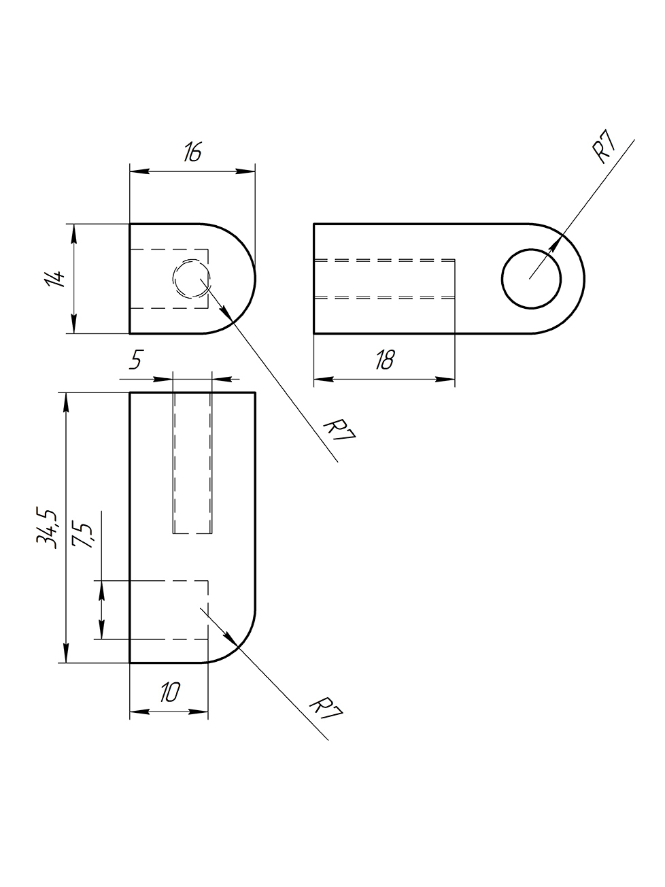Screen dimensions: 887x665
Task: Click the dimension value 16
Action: (x=192, y=152)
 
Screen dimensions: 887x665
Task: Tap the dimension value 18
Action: (x=384, y=361)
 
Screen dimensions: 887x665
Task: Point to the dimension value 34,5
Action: (x=47, y=527)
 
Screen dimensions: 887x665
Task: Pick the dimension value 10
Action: (x=169, y=693)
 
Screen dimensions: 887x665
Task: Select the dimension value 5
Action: (x=135, y=360)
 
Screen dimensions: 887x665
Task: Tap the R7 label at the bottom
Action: (x=326, y=709)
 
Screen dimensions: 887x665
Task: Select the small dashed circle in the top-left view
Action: (x=192, y=278)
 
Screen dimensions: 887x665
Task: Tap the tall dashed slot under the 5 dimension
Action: (x=192, y=463)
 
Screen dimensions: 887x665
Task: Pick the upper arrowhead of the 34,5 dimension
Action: (x=66, y=401)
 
